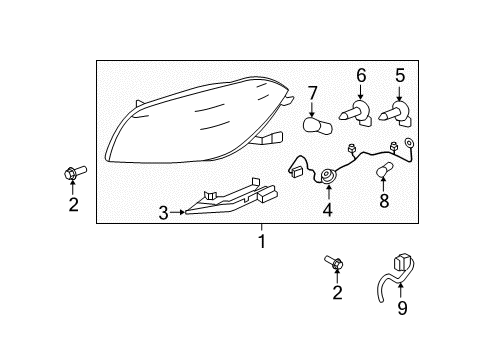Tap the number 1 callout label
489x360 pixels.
click(261, 241)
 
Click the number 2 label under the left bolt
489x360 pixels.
click(72, 206)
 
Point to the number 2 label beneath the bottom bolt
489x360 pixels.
click(337, 293)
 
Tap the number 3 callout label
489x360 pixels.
click(164, 211)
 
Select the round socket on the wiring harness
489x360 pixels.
click(327, 178)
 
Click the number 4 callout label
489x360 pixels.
click(327, 211)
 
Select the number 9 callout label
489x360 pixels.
click(402, 309)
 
